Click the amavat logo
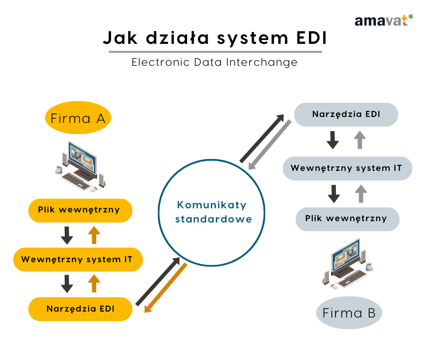point(383,21)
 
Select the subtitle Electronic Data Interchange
point(214,62)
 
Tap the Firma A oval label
point(78,119)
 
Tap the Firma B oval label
point(349,313)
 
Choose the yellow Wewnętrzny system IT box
point(77,259)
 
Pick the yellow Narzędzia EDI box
point(80,309)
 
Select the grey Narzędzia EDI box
point(346,114)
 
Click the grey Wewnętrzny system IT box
point(346,168)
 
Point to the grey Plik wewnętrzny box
point(346,218)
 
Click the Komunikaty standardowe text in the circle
point(212,212)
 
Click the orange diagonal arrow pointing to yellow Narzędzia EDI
point(166,288)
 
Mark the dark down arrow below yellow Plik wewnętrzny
point(67,235)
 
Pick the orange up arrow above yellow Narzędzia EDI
point(94,283)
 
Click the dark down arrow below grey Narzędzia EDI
point(333,140)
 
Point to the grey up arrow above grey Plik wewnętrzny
point(361,194)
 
